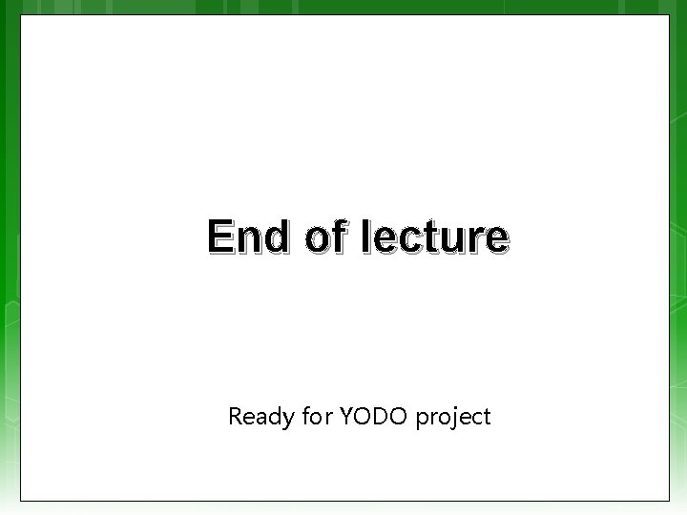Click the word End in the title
pos(246,237)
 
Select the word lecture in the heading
pos(435,237)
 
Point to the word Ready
pos(260,417)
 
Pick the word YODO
pos(373,417)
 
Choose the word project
pos(452,417)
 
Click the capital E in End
pos(219,237)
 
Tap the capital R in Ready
pos(236,416)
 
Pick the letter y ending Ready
pos(287,420)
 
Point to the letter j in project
pos(453,418)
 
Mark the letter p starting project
pos(422,420)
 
